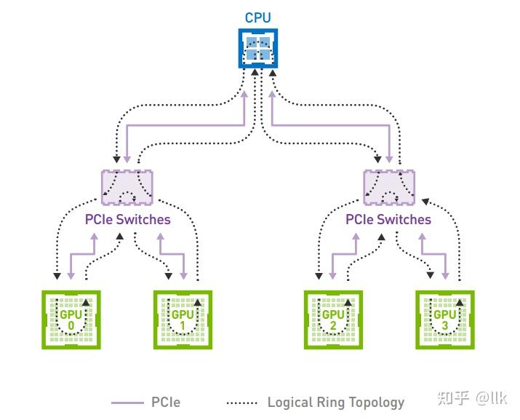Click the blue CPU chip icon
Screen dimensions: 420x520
click(257, 49)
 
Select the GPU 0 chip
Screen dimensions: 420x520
click(71, 320)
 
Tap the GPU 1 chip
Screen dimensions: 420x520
click(183, 320)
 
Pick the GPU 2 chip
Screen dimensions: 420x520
click(333, 320)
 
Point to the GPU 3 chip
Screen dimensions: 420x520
click(444, 320)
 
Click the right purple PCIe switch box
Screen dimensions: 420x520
click(389, 186)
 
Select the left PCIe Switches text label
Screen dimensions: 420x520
click(127, 219)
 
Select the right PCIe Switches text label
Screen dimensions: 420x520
click(388, 219)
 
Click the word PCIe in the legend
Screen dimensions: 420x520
click(166, 402)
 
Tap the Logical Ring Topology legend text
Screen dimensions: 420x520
click(335, 402)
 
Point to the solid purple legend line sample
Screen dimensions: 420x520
click(127, 402)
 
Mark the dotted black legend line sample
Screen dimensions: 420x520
click(242, 402)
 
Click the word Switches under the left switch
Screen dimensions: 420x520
click(146, 219)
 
